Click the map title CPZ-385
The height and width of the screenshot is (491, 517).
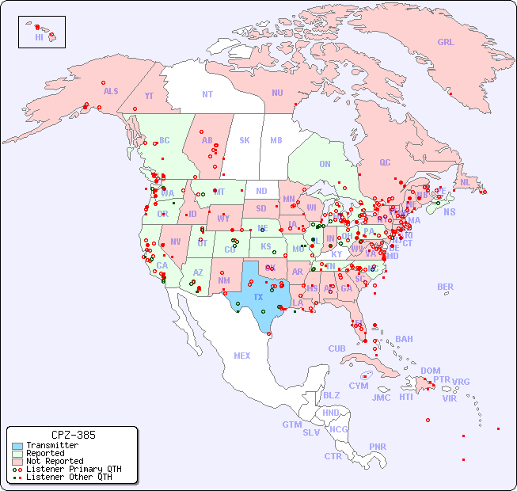pyautogui.click(x=73, y=435)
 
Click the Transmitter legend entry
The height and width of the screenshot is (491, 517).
pyautogui.click(x=51, y=446)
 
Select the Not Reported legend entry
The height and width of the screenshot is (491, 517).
pyautogui.click(x=54, y=461)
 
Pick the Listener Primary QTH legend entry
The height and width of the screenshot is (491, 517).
pyautogui.click(x=73, y=469)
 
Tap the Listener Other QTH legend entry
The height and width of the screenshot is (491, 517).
pyautogui.click(x=68, y=477)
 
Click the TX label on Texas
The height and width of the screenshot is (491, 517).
pyautogui.click(x=258, y=298)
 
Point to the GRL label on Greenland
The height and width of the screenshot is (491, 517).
pyautogui.click(x=446, y=42)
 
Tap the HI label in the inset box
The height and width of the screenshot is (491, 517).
pyautogui.click(x=39, y=37)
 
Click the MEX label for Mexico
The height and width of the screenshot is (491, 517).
pyautogui.click(x=242, y=356)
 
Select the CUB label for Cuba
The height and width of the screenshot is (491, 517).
pyautogui.click(x=337, y=348)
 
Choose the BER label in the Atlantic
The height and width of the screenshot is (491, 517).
pyautogui.click(x=445, y=287)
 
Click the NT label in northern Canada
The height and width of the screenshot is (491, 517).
pyautogui.click(x=207, y=93)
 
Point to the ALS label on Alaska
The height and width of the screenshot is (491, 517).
pyautogui.click(x=111, y=91)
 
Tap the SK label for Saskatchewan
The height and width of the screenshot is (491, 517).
pyautogui.click(x=245, y=140)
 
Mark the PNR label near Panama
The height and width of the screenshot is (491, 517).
pyautogui.click(x=378, y=447)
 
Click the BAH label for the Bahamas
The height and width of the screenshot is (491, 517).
pyautogui.click(x=404, y=339)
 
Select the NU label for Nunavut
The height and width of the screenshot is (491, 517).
pyautogui.click(x=277, y=93)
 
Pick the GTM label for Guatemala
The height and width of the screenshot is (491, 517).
pyautogui.click(x=291, y=424)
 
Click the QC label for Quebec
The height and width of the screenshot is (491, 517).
pyautogui.click(x=385, y=162)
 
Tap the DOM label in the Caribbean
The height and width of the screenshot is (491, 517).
pyautogui.click(x=430, y=371)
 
